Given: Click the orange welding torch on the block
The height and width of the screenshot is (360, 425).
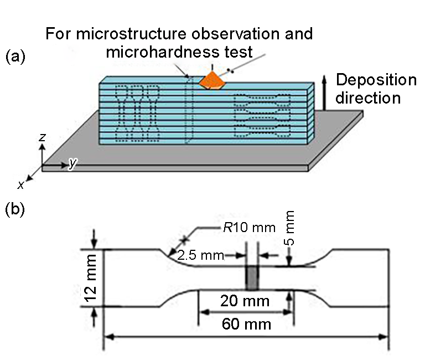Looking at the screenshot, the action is [x=212, y=80].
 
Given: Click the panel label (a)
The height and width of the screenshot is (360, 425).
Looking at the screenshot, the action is [x=15, y=56].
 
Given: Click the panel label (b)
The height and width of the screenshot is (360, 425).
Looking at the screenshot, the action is [x=15, y=210].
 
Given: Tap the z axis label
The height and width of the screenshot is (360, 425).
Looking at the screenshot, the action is [x=42, y=137].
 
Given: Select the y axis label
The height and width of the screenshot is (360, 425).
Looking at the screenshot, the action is [x=72, y=163].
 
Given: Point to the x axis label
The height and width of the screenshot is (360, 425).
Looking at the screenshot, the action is [x=20, y=185].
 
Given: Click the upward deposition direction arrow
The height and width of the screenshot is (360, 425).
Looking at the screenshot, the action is [x=324, y=93].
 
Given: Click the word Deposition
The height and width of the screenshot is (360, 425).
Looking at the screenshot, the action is [x=376, y=80].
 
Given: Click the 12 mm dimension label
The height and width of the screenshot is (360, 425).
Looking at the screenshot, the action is [x=91, y=278].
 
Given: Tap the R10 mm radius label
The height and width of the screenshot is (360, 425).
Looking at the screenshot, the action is [x=249, y=227].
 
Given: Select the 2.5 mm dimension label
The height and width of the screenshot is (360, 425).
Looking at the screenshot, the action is [x=200, y=255].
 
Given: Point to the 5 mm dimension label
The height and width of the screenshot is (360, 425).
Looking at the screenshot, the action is [x=289, y=228].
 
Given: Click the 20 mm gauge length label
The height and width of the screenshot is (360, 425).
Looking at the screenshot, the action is [x=245, y=301].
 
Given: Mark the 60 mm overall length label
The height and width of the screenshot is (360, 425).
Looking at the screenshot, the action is [x=246, y=324].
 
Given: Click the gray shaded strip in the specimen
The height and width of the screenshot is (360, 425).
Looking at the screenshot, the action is [x=252, y=278].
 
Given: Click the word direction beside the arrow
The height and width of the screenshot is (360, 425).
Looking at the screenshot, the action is [x=368, y=98].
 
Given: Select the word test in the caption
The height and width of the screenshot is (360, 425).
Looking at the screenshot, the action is [x=239, y=52].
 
